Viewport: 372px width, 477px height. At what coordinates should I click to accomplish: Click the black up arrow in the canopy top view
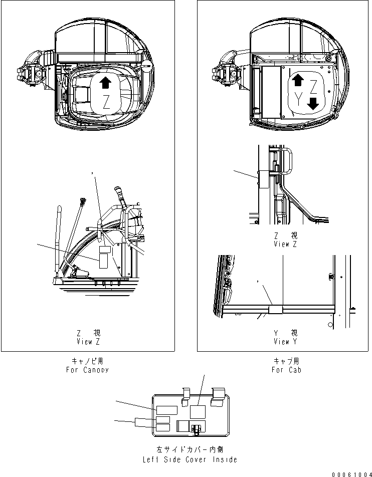pos(105,83)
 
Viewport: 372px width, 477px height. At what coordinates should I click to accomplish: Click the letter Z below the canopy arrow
pos(105,104)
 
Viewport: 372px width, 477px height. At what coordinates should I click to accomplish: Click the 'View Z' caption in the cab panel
pos(286,241)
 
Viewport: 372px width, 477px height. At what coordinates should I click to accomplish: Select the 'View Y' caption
pos(286,338)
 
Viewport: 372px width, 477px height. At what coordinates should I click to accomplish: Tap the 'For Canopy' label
pos(87,366)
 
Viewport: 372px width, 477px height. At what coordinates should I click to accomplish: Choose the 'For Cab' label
pos(286,366)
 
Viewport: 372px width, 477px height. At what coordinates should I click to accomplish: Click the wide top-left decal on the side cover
pos(165,410)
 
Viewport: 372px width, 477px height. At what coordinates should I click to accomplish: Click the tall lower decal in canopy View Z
pos(103,261)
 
